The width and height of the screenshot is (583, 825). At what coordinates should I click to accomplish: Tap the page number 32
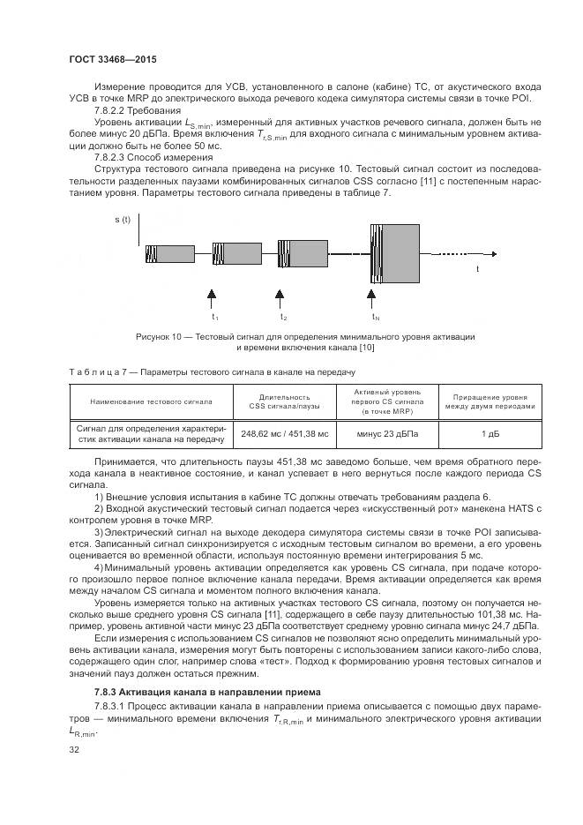coord(73,750)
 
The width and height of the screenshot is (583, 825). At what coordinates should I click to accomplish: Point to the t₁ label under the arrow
coord(213,316)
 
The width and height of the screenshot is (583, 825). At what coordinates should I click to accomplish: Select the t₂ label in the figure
coord(283,316)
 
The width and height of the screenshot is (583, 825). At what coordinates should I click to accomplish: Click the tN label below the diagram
coord(375,316)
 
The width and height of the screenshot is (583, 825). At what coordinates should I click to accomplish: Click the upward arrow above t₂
coord(280,294)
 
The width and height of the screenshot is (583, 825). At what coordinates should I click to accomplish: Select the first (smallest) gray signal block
coord(169,254)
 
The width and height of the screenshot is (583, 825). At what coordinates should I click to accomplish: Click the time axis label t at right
coord(478,267)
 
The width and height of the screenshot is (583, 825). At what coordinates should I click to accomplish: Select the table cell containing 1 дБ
coord(489,433)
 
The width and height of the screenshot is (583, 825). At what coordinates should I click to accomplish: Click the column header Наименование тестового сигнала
coord(151,401)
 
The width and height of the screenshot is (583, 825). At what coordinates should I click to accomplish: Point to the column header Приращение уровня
coord(489,396)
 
